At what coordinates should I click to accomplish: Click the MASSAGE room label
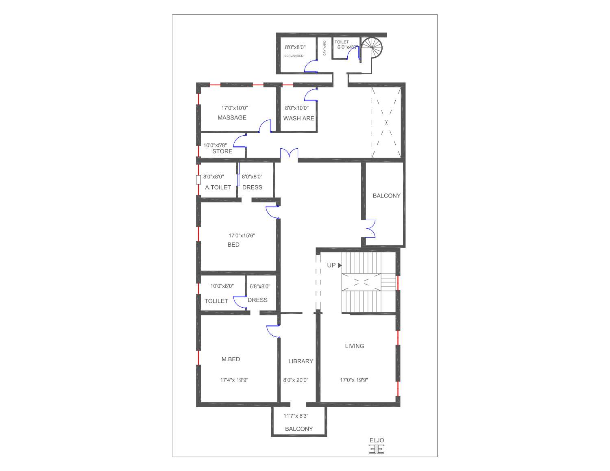point(232,117)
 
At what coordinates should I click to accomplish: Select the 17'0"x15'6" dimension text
point(242,235)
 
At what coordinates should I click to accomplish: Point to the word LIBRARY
point(301,361)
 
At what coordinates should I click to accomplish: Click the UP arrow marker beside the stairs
point(340,265)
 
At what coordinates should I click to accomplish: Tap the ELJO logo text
point(377,440)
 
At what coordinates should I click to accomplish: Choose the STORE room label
point(222,151)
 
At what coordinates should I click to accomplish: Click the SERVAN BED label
point(294,56)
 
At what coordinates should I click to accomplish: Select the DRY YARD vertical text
point(325,48)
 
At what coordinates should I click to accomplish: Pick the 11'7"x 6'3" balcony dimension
point(296,416)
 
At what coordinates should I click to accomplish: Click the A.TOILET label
point(218,187)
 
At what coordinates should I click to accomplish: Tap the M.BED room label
point(231,359)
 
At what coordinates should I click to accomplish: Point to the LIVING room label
point(354,346)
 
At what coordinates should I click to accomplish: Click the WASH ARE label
point(298,118)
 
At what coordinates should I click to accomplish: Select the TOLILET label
point(216,301)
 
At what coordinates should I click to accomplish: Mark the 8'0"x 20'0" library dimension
point(296,380)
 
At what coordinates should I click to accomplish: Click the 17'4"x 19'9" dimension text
point(234,380)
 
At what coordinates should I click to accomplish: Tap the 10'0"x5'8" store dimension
point(215,145)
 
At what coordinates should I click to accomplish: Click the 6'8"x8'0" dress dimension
point(260,286)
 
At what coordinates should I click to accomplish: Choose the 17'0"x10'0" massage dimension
point(234,108)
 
